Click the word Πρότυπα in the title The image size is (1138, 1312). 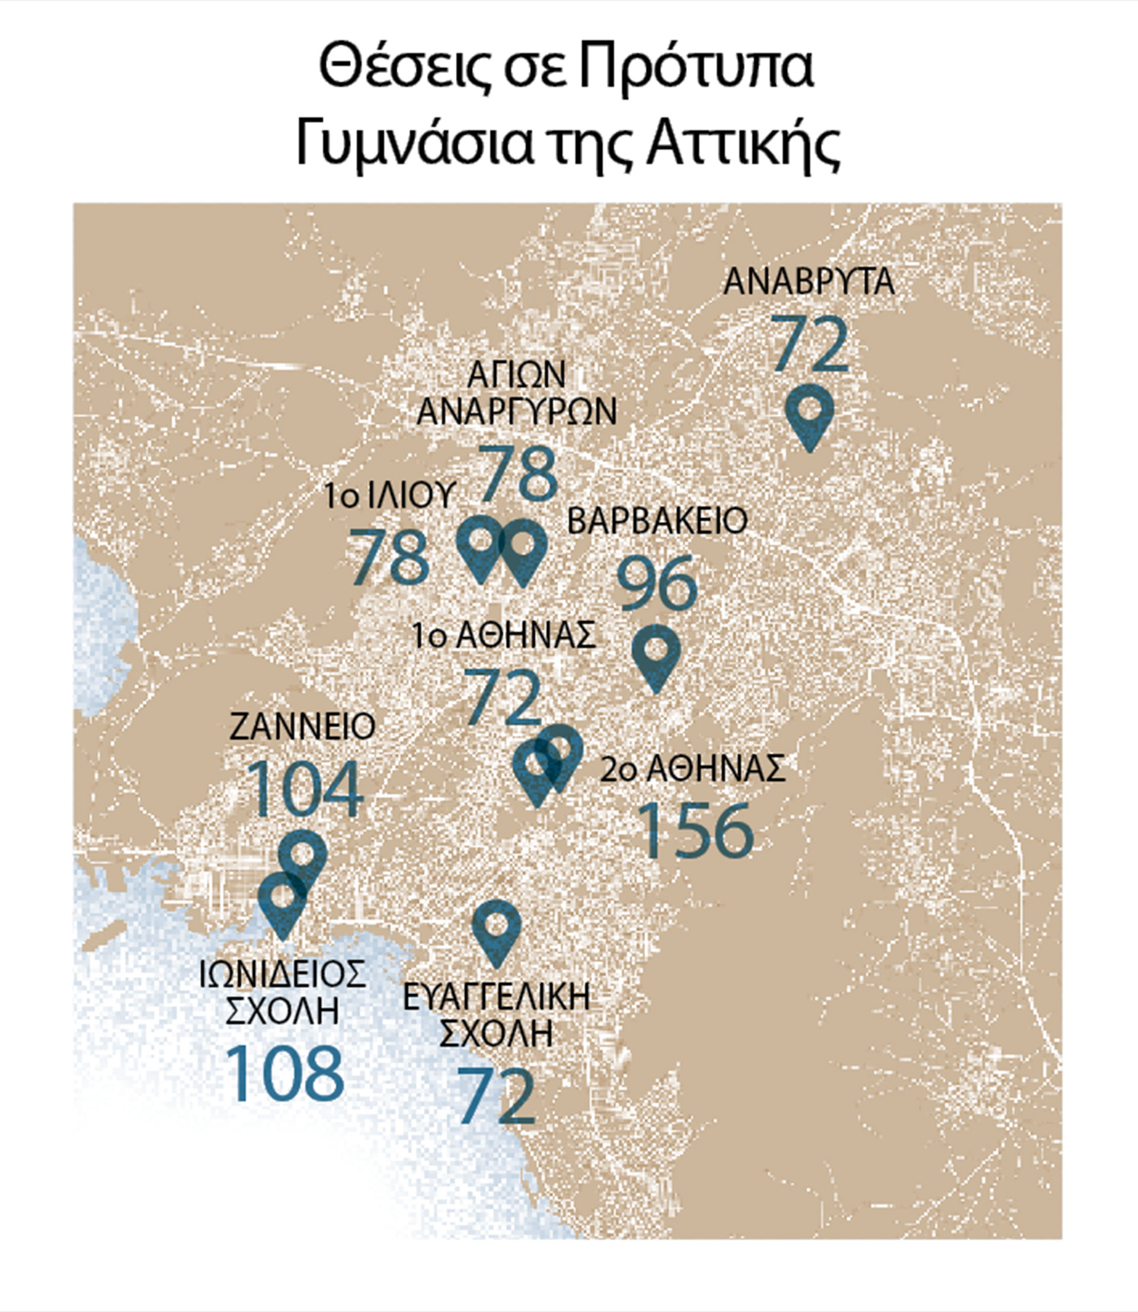coord(696,69)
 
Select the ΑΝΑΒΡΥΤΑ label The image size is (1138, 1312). coord(809,283)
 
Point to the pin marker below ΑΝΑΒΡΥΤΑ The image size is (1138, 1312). coord(809,413)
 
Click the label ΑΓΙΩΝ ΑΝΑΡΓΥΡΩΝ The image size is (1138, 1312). coord(516,393)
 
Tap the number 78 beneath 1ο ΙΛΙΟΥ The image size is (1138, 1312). coord(390,557)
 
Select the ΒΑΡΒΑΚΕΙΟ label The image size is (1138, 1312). coord(657,521)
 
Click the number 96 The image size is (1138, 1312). coord(657,583)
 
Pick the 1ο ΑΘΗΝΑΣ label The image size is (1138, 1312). coord(504,635)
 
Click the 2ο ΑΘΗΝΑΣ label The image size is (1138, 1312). coord(693,769)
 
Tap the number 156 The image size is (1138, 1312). coord(696,830)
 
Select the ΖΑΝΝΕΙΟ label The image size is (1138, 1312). coord(302,727)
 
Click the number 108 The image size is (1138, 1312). coord(284,1073)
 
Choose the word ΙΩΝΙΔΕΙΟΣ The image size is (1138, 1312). coord(283,974)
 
